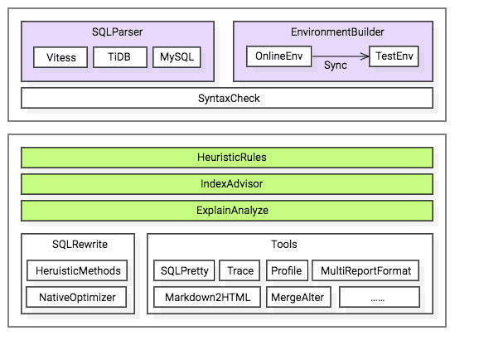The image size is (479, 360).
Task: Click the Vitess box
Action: click(60, 57)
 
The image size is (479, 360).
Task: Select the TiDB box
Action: click(120, 57)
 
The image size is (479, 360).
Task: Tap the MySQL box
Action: click(177, 57)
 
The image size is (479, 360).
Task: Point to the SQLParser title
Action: click(118, 32)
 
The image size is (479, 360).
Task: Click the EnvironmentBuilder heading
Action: click(337, 32)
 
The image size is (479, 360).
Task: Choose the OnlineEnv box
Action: click(279, 56)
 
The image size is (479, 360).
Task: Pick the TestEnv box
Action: click(394, 56)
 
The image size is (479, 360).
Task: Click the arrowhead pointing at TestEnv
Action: click(365, 56)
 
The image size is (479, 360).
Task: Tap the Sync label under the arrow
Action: click(335, 66)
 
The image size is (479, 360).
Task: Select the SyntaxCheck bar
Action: click(227, 98)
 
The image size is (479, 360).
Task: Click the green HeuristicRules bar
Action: click(227, 158)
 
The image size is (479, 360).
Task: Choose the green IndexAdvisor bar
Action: click(227, 184)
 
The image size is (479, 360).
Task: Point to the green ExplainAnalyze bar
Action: click(227, 211)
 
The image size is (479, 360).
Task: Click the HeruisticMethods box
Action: click(77, 270)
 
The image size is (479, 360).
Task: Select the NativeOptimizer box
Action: click(76, 297)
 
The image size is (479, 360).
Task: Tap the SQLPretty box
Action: click(184, 270)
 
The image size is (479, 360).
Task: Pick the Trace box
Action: click(239, 270)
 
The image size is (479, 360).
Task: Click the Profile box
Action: click(288, 270)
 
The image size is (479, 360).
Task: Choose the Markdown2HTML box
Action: click(207, 297)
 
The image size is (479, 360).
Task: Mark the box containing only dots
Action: click(380, 297)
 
